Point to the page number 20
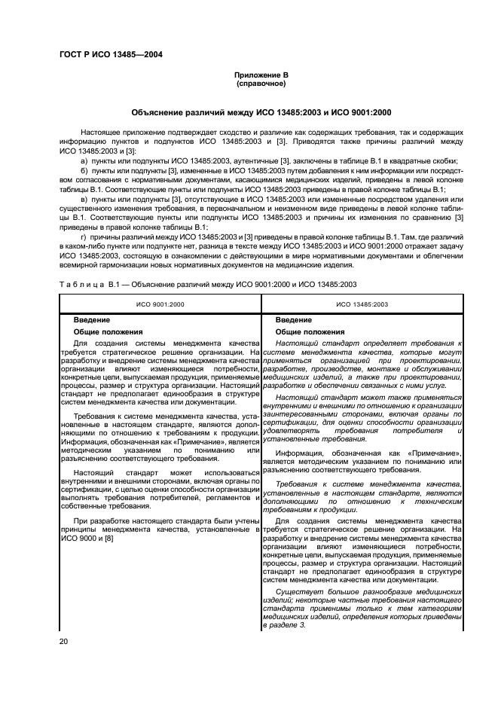[x=65, y=641]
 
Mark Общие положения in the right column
[x=309, y=331]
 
